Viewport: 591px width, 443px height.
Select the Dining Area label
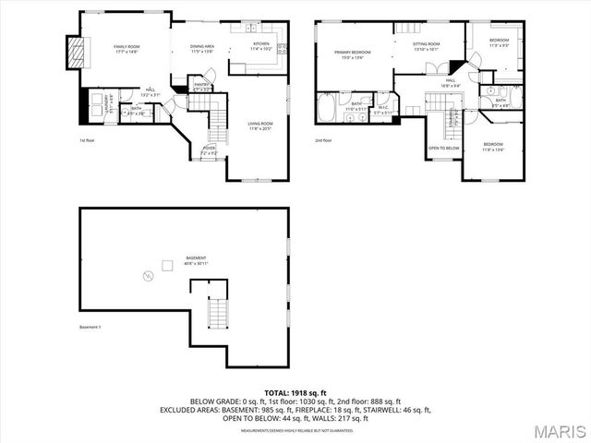[202, 47]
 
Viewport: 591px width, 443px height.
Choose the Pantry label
[202, 88]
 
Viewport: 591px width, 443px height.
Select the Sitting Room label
[425, 46]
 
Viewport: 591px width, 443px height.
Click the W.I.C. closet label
[382, 110]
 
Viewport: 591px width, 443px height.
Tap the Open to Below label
[443, 148]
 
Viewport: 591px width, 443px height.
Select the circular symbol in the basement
[145, 275]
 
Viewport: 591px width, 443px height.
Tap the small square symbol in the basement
[167, 266]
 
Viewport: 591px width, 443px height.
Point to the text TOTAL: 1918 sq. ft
[295, 393]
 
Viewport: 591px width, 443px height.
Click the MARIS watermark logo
[555, 429]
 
